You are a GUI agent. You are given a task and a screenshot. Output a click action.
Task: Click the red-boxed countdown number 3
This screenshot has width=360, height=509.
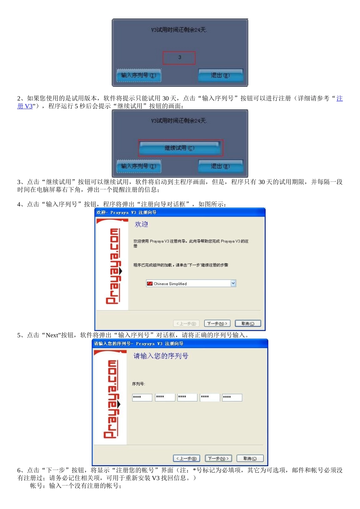[x=179, y=58]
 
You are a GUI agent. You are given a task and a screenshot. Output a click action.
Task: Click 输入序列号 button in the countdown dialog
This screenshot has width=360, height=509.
[x=139, y=75]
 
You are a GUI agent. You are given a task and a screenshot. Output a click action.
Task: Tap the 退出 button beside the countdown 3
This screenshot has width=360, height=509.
[x=220, y=75]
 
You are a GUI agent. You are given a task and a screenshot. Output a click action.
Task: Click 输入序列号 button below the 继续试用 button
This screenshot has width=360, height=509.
[x=139, y=166]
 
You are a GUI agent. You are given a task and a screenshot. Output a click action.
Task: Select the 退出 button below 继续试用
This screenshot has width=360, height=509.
[x=220, y=166]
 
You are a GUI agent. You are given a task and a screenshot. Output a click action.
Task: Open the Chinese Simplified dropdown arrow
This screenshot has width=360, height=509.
[x=233, y=283]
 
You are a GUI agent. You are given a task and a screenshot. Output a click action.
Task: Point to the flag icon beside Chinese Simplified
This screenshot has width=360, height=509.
[x=150, y=284]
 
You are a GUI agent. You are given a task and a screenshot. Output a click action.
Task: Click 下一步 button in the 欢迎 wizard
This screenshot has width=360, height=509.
[x=217, y=323]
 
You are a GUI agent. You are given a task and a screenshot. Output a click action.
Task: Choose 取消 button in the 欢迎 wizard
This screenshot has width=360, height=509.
[x=248, y=323]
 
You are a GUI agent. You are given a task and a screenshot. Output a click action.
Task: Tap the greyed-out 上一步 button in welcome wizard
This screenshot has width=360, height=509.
[x=186, y=323]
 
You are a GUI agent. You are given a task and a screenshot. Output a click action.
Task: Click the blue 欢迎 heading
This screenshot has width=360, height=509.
[x=141, y=224]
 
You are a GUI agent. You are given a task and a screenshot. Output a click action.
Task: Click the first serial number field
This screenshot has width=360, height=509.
[x=142, y=397]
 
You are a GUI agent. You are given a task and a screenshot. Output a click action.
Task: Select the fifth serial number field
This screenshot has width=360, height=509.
[x=232, y=397]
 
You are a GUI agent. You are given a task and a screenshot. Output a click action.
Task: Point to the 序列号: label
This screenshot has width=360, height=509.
[x=138, y=384]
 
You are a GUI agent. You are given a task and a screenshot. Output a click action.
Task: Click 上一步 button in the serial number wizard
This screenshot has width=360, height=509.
[x=186, y=459]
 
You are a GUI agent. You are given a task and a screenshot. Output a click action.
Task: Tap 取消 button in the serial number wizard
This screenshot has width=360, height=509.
[x=250, y=459]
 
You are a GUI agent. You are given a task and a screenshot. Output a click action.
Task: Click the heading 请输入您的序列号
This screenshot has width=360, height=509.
[x=161, y=356]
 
